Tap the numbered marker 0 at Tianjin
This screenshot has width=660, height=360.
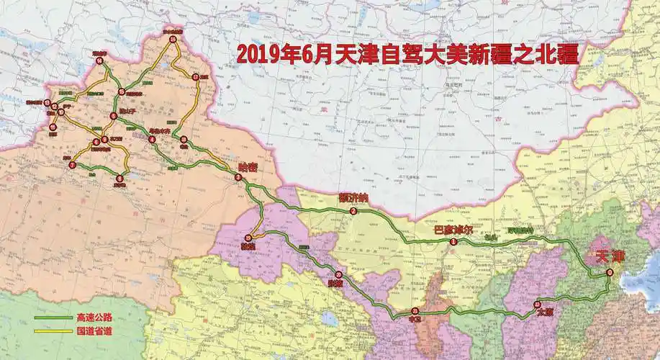[x=610, y=272]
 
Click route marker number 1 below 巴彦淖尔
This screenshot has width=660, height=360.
[x=453, y=243]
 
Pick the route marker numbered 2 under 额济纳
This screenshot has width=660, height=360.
[x=353, y=211]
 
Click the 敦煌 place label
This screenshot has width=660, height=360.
[x=248, y=247]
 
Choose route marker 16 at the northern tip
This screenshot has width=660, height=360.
[x=173, y=40]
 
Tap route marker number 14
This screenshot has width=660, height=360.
[x=99, y=60]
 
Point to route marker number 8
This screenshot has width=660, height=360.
[x=119, y=177]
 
